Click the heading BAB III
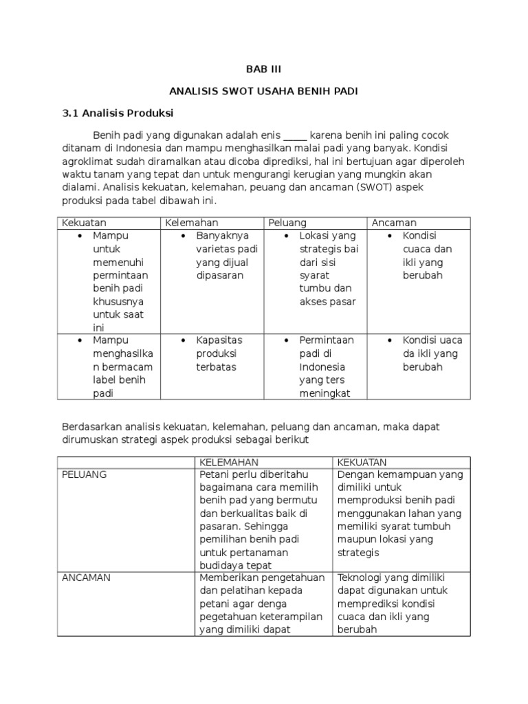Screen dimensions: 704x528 [264, 69]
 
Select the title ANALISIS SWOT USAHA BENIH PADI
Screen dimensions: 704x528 [264, 91]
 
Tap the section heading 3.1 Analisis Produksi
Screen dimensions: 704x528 [118, 113]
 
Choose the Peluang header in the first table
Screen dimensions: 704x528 [287, 223]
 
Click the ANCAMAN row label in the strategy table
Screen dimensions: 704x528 [87, 578]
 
